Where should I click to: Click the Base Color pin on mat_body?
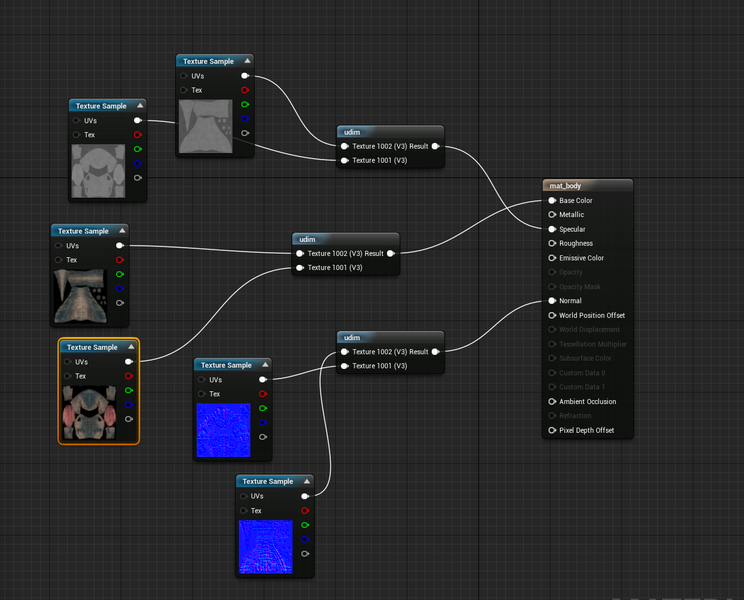pos(552,200)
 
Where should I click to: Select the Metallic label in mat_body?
pos(571,215)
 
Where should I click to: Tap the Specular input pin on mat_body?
pos(552,229)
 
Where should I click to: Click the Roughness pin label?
pos(575,244)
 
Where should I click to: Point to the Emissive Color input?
pos(552,258)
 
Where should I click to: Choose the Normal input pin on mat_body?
pos(552,301)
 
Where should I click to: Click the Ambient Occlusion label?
pos(588,401)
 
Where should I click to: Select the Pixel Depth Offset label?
pos(586,430)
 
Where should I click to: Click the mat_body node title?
pos(565,186)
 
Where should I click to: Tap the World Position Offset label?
pos(591,315)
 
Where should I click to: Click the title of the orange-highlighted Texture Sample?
pos(92,347)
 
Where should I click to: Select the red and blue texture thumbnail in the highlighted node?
pos(90,412)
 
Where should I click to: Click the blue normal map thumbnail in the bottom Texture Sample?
pos(265,546)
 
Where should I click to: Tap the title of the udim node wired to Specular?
pos(352,132)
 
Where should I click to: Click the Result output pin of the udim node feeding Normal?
pos(435,352)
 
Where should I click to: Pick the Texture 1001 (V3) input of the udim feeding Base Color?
pos(300,267)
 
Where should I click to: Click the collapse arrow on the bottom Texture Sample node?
pos(307,481)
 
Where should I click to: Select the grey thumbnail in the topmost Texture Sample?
pos(206,126)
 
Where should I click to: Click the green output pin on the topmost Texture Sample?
pos(245,104)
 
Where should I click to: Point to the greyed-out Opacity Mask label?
pos(580,287)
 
